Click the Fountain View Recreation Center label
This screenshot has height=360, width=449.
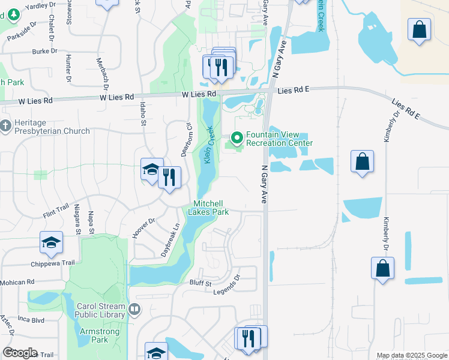tap(279, 139)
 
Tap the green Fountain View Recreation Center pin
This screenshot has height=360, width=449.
tap(237, 138)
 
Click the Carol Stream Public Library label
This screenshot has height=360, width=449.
tap(101, 310)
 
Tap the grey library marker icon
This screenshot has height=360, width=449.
tap(134, 310)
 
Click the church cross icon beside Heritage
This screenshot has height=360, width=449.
tap(5, 126)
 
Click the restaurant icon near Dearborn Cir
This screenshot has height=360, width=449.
tap(170, 177)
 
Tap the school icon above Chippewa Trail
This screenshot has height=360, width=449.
tap(51, 242)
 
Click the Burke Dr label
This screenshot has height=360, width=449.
tap(45, 52)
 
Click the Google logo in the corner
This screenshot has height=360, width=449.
tap(20, 353)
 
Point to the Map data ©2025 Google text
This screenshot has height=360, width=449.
tap(411, 356)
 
